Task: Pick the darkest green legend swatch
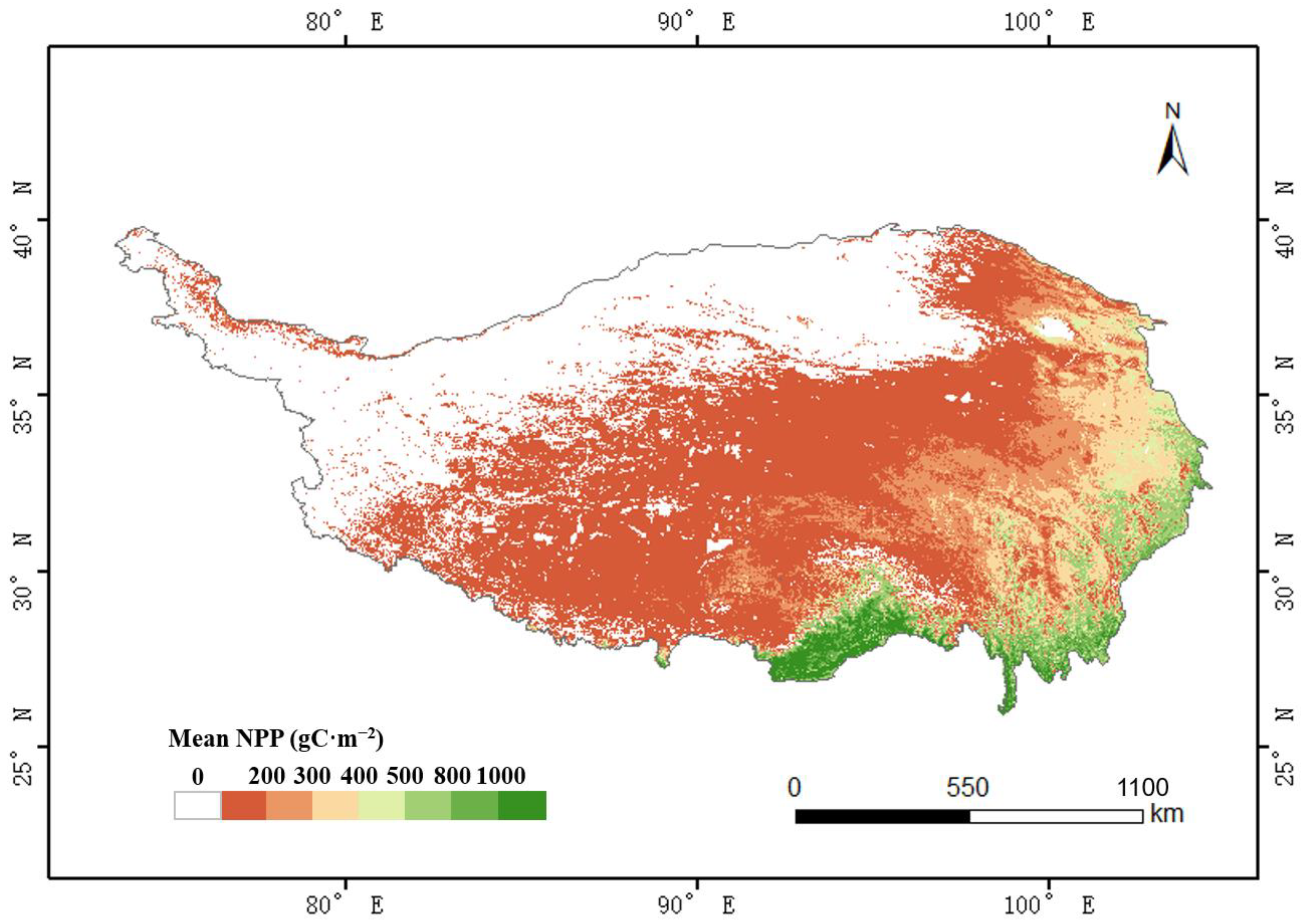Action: pyautogui.click(x=522, y=805)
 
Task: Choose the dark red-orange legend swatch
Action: pyautogui.click(x=244, y=805)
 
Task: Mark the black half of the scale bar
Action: pyautogui.click(x=882, y=817)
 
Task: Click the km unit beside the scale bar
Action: pyautogui.click(x=1167, y=814)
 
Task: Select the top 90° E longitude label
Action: pyautogui.click(x=697, y=23)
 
